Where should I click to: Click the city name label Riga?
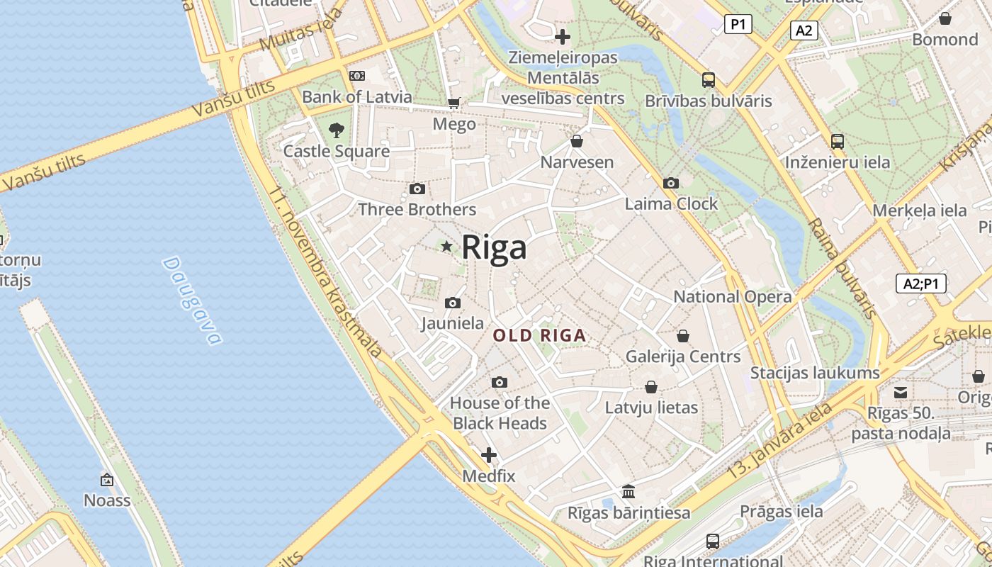(495, 248)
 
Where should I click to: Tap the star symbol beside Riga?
(446, 247)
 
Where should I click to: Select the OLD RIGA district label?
(540, 335)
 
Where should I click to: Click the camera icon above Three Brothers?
(417, 189)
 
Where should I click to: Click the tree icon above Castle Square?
(337, 130)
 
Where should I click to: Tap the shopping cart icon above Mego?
(454, 103)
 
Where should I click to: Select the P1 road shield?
(738, 25)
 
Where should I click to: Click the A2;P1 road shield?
(921, 284)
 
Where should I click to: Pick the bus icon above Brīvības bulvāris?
(708, 79)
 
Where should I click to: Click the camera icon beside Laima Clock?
(670, 184)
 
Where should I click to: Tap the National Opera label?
(732, 296)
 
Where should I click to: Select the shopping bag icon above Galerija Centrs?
(683, 335)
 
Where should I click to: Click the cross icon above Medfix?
(489, 454)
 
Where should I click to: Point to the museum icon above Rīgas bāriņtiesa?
(629, 491)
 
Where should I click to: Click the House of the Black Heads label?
(500, 413)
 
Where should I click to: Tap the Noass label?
(107, 500)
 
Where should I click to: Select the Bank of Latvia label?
(357, 96)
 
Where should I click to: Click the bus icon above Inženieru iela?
(838, 141)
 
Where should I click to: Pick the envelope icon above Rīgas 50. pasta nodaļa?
(901, 392)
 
